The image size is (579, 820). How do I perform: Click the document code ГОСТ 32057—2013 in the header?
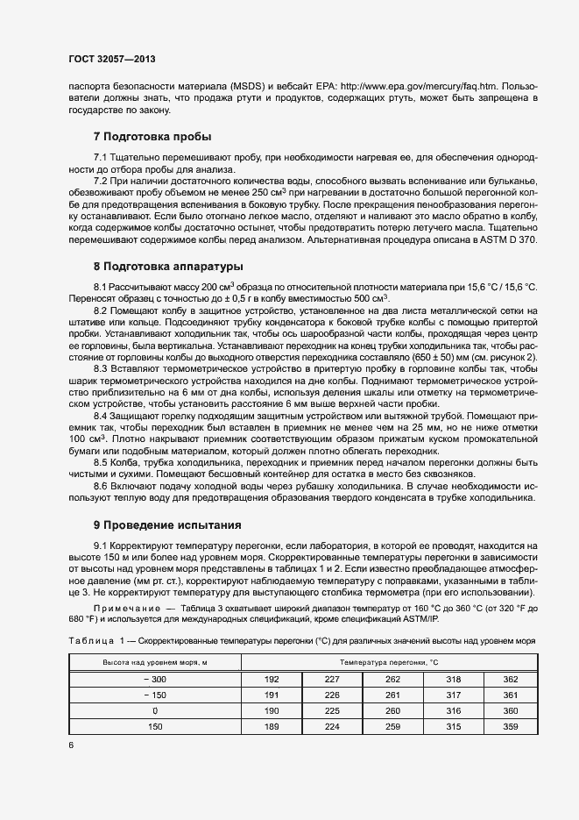(111, 60)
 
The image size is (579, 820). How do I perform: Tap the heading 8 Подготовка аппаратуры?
(168, 266)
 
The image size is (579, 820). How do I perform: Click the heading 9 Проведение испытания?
(166, 525)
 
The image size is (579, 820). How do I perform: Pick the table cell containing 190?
(271, 710)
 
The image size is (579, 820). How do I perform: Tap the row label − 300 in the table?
(155, 679)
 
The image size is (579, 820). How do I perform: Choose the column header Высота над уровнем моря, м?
(155, 662)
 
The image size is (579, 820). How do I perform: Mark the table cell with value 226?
(331, 695)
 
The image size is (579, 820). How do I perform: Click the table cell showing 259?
(392, 726)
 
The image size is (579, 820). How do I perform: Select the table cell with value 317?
(452, 695)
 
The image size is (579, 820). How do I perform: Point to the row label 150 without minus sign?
(155, 726)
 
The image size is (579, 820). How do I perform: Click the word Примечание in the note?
(126, 608)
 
